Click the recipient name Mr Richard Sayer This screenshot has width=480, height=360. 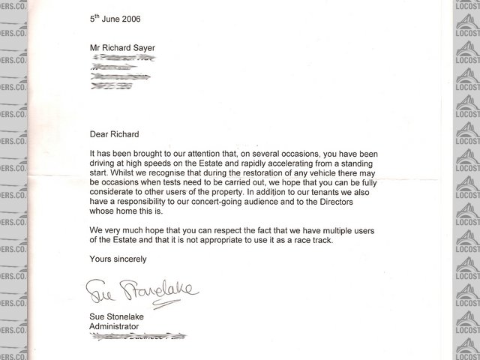pos(123,49)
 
